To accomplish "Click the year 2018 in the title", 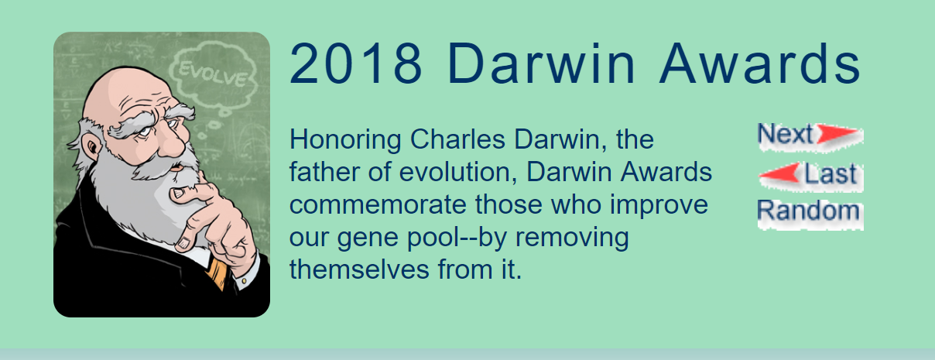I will [x=356, y=64].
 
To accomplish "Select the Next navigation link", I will [x=785, y=135].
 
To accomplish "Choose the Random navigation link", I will [x=808, y=211].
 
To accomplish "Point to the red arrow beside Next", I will [x=838, y=135].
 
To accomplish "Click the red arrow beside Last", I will [x=779, y=174].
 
